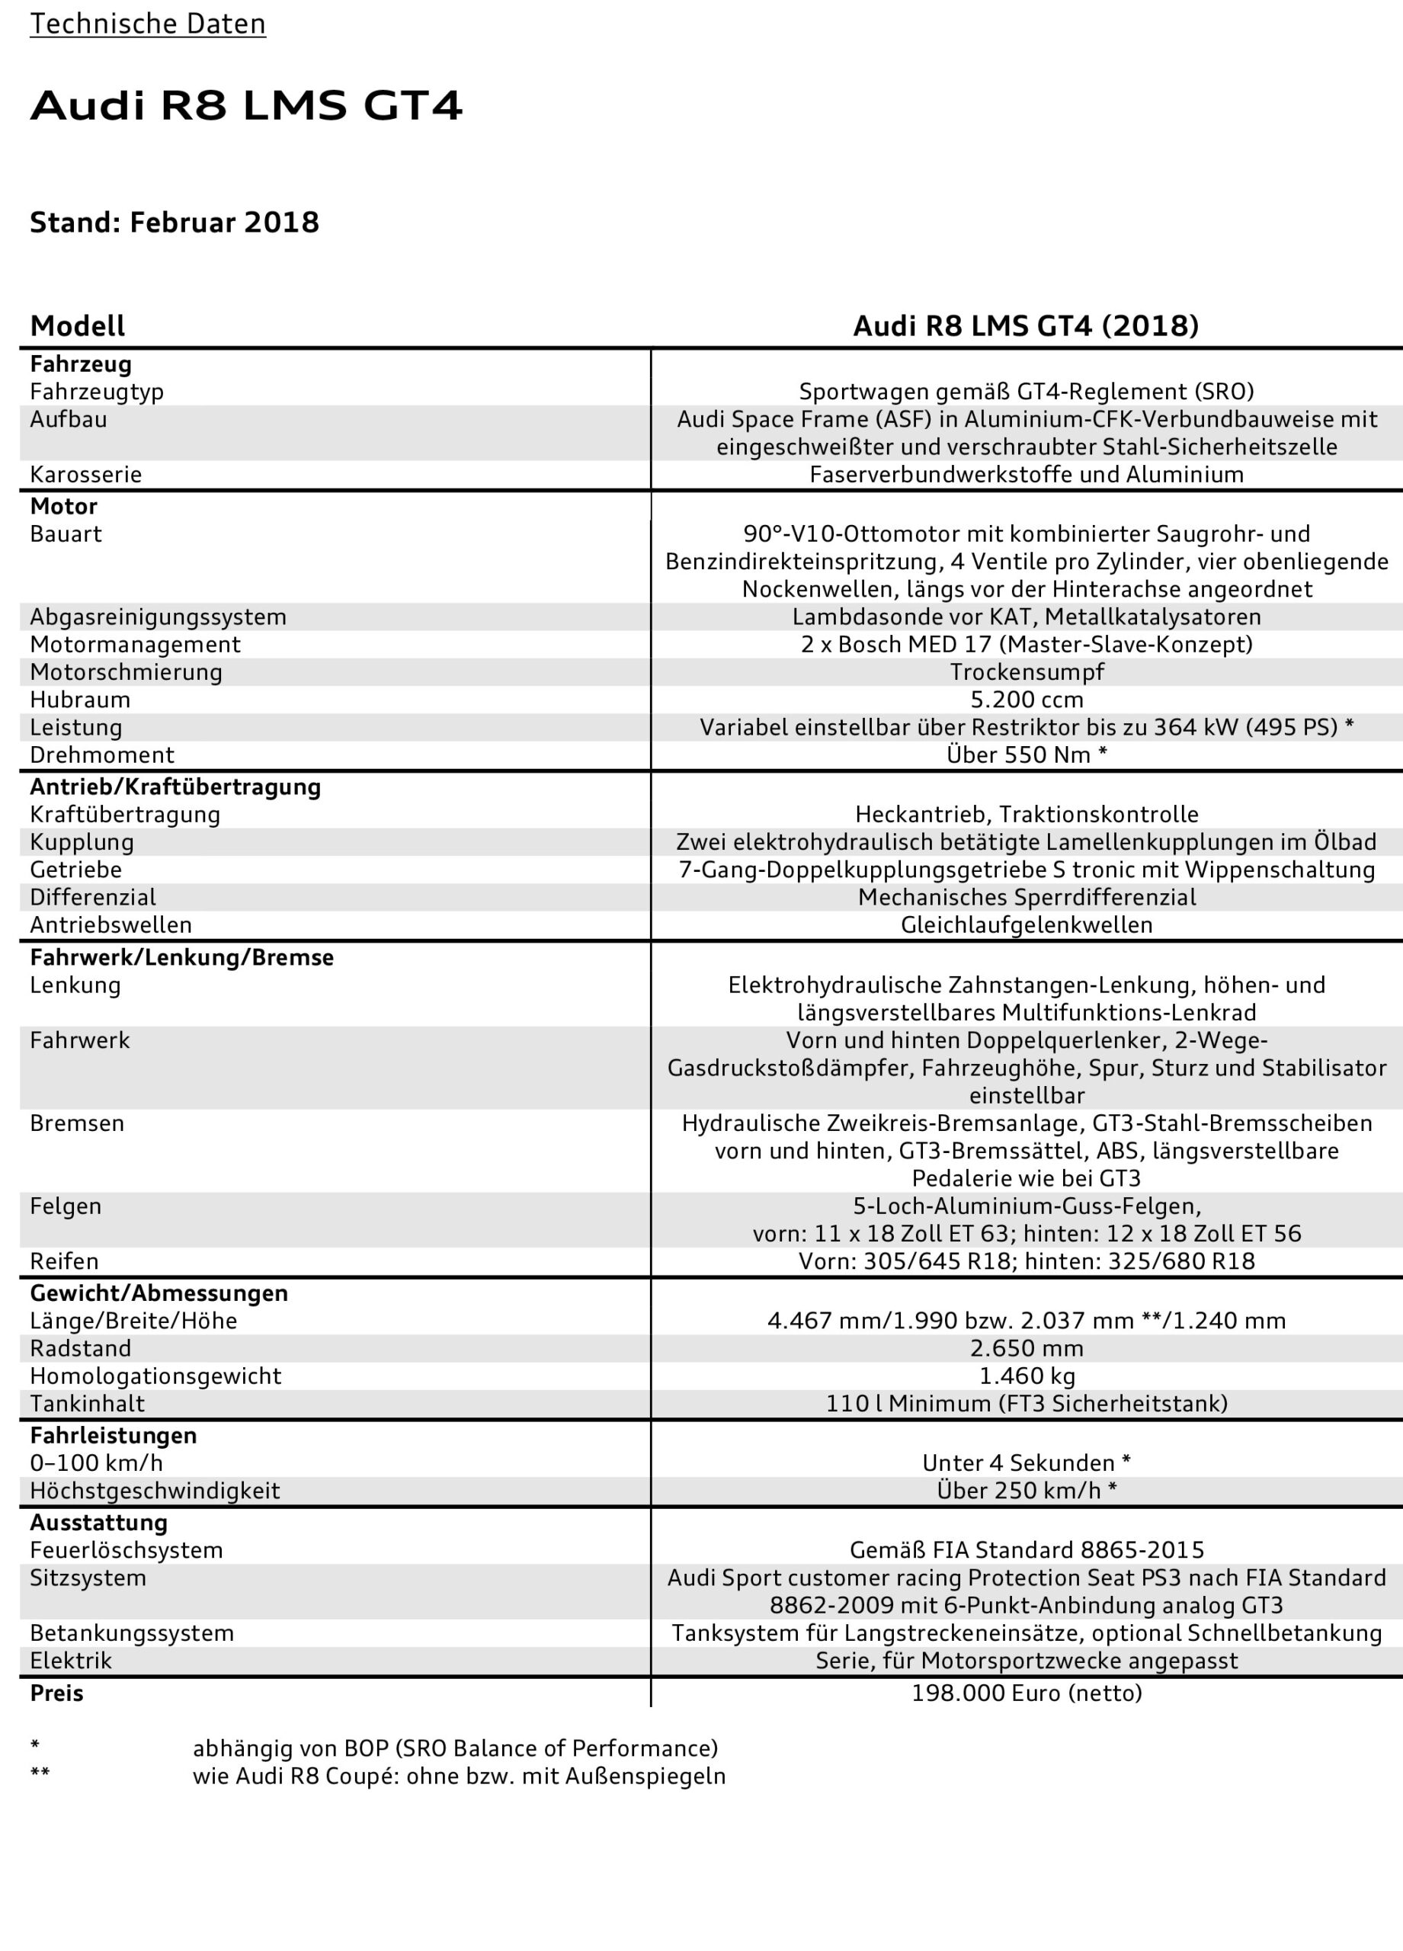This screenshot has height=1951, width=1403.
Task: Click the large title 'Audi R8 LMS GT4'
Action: [x=246, y=106]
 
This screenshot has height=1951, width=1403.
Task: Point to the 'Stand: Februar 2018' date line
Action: [x=175, y=223]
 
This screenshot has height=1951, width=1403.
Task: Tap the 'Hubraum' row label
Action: [x=80, y=700]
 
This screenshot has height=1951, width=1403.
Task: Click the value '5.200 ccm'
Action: [x=1027, y=700]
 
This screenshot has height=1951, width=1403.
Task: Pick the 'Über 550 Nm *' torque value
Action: [x=1027, y=754]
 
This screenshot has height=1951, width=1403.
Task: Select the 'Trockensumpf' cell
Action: [x=1027, y=672]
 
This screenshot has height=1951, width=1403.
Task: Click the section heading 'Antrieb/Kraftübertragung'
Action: [x=175, y=787]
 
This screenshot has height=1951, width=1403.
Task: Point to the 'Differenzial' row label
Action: [x=93, y=897]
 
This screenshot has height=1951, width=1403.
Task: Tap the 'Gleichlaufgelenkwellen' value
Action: [x=1027, y=924]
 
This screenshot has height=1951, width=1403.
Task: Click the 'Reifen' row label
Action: [x=64, y=1261]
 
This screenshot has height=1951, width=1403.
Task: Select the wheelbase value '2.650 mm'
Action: [x=1027, y=1348]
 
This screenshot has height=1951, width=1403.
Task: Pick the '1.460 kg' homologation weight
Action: [x=1027, y=1376]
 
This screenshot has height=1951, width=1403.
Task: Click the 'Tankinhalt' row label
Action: [x=87, y=1403]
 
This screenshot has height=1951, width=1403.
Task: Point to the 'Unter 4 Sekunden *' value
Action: [x=1027, y=1462]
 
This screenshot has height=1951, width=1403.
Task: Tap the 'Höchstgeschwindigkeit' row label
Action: [x=155, y=1490]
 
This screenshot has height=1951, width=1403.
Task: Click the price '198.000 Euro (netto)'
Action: [x=1027, y=1693]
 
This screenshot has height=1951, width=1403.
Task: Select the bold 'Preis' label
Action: [x=56, y=1693]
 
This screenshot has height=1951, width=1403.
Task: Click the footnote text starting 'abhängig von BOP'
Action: [x=455, y=1748]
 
